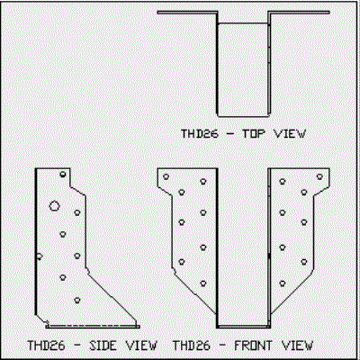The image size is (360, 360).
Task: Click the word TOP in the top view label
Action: tap(254, 133)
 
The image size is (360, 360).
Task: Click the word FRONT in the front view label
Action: tap(253, 346)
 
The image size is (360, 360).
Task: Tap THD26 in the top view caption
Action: tap(199, 133)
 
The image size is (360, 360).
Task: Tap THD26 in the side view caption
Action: tap(46, 346)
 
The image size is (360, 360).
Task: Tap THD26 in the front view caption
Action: tap(191, 346)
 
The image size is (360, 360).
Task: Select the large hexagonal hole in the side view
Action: tap(54, 206)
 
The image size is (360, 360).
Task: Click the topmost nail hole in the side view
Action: tap(63, 175)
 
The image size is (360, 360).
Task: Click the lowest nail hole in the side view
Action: tap(77, 300)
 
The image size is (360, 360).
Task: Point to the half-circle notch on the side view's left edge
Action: tap(40, 256)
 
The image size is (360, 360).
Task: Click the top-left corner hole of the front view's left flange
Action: tap(166, 176)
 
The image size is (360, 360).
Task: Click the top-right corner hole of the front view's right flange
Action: tap(319, 176)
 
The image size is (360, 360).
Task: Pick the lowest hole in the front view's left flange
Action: tap(203, 283)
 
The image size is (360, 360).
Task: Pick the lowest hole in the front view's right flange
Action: tap(283, 283)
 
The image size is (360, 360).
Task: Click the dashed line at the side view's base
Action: tap(93, 325)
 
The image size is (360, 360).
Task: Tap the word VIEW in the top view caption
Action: tap(290, 133)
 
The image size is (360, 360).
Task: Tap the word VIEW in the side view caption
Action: tap(141, 346)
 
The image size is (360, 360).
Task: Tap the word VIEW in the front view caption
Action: tap(297, 346)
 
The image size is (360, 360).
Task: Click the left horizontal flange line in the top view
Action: tap(187, 13)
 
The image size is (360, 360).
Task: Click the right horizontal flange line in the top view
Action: tap(299, 13)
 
